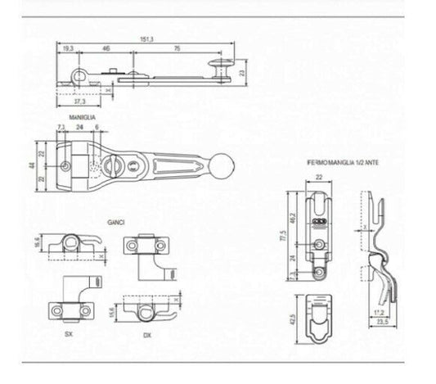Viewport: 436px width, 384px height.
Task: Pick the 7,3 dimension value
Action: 61,128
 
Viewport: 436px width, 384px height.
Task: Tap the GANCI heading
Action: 115,222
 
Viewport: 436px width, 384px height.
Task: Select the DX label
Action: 146,337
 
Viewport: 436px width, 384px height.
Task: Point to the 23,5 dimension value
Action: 382,323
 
